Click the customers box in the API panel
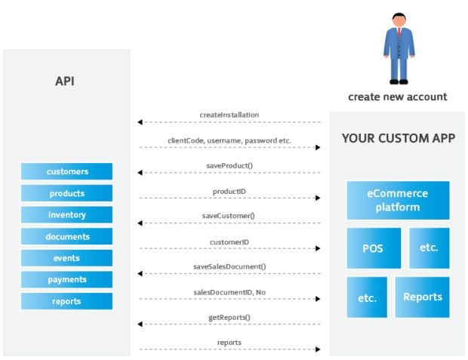click(x=66, y=171)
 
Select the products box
click(x=66, y=193)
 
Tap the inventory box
click(x=66, y=214)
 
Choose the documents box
click(x=66, y=236)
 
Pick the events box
click(x=66, y=258)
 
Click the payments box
click(x=66, y=279)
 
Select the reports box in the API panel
click(x=66, y=301)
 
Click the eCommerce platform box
click(x=398, y=200)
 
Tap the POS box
click(x=374, y=248)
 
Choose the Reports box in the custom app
click(x=422, y=297)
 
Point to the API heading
click(x=65, y=82)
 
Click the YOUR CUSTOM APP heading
click(x=399, y=138)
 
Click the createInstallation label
click(x=229, y=115)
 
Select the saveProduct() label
click(x=229, y=166)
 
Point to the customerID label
click(x=229, y=242)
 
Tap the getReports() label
click(x=229, y=317)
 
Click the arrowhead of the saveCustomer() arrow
click(x=140, y=223)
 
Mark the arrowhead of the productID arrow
click(x=318, y=198)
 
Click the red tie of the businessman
click(x=399, y=32)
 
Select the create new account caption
click(x=398, y=97)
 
